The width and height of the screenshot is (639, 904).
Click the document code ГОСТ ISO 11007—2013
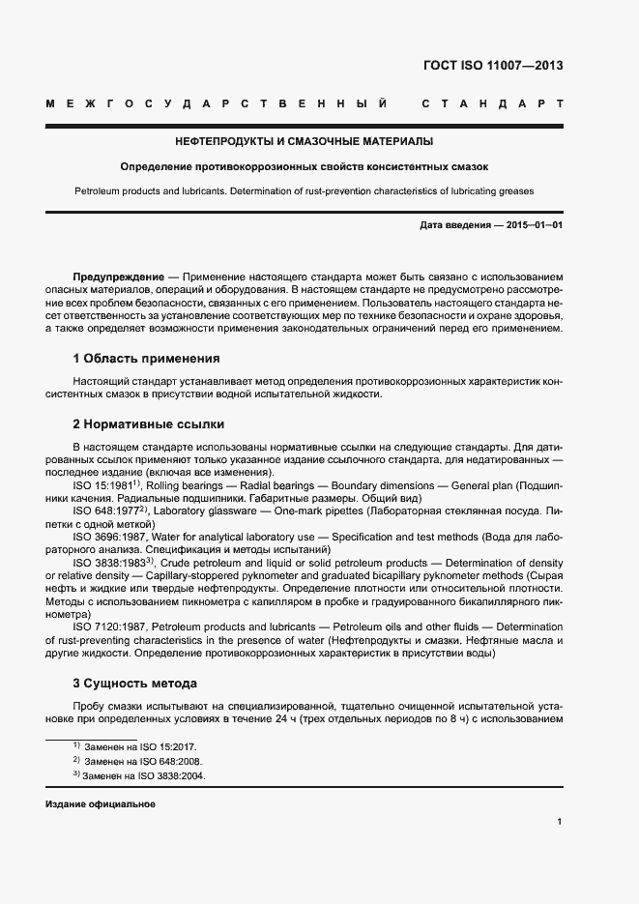493,67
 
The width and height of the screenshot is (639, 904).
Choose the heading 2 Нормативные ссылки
148,423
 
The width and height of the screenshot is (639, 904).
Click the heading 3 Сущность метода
135,682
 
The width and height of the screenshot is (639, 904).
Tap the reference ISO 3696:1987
109,535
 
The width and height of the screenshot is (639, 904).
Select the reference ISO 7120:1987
109,627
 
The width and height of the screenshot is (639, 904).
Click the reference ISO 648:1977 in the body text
107,509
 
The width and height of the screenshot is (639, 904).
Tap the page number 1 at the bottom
560,822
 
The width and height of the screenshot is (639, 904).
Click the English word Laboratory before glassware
181,509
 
